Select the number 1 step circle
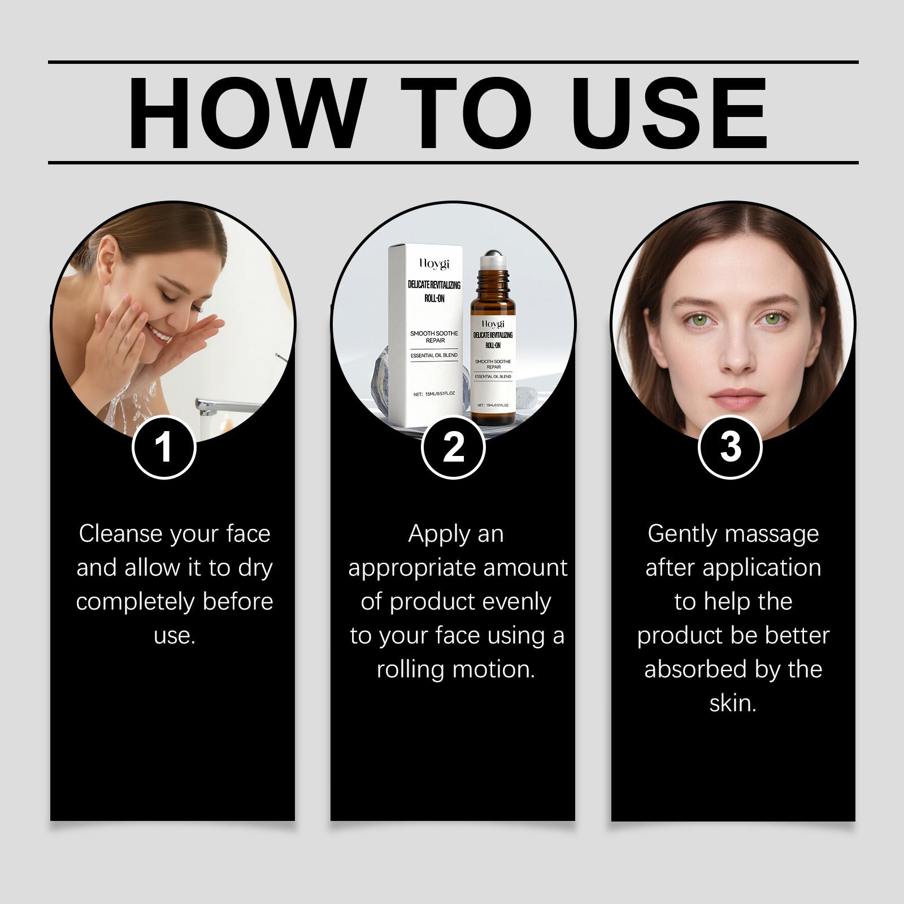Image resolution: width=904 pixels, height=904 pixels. pyautogui.click(x=164, y=447)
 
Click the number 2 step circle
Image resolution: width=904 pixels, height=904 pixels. pyautogui.click(x=454, y=447)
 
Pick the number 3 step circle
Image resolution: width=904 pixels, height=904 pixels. pyautogui.click(x=731, y=447)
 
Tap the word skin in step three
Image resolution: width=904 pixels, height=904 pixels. pyautogui.click(x=733, y=703)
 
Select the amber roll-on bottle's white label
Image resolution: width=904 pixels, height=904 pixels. pyautogui.click(x=493, y=363)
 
